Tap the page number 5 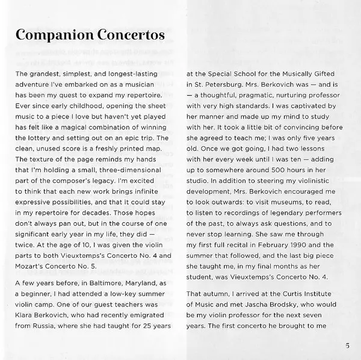(348, 345)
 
